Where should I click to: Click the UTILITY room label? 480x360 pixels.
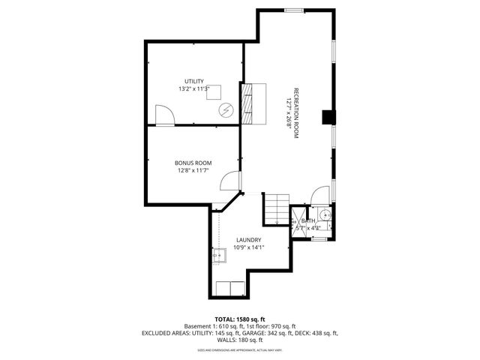click(x=194, y=81)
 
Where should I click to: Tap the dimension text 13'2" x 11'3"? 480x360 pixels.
click(x=194, y=88)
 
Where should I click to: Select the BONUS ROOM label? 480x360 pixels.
click(x=193, y=163)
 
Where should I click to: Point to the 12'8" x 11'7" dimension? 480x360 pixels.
click(x=193, y=170)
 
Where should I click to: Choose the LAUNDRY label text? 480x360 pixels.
click(x=248, y=240)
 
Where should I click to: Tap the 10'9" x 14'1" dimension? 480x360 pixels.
click(x=248, y=247)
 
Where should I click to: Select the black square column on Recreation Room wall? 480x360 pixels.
click(x=328, y=117)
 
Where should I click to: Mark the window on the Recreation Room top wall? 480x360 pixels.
click(x=295, y=10)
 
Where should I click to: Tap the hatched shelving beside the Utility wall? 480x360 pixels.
click(x=247, y=102)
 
